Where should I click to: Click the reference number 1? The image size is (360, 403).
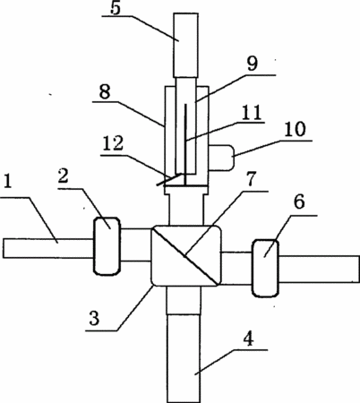tap(8, 181)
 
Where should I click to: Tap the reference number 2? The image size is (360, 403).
tap(63, 176)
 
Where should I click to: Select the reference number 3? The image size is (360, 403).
tap(94, 318)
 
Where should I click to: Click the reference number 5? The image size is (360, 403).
tap(116, 8)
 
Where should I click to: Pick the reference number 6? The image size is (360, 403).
tap(299, 202)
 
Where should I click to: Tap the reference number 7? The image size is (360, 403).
tap(251, 179)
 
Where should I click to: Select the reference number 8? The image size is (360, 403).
tap(105, 91)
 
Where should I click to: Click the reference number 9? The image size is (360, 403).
tap(253, 64)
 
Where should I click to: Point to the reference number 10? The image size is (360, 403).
tap(295, 129)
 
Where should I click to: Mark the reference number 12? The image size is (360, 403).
tap(113, 143)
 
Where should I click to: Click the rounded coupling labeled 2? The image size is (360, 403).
tap(107, 245)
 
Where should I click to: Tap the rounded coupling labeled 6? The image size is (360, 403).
tap(265, 268)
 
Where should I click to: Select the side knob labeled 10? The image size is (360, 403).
tap(221, 158)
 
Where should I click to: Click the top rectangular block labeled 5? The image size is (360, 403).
tap(185, 45)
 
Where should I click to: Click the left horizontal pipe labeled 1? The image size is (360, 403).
tap(48, 248)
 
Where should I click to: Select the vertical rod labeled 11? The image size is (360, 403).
tap(185, 144)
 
